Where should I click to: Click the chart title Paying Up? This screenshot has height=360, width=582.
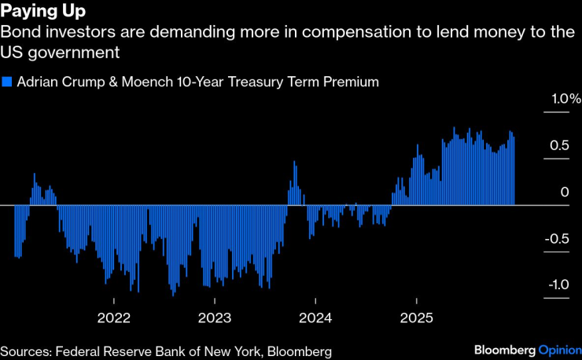(44, 12)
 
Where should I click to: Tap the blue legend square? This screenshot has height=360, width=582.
(7, 81)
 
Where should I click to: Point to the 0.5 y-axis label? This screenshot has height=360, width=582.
(559, 145)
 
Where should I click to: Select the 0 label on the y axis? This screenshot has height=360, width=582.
(563, 192)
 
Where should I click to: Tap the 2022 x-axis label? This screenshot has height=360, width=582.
(114, 318)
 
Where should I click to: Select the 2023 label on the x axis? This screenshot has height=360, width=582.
(215, 318)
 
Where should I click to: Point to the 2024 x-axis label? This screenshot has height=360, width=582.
(315, 318)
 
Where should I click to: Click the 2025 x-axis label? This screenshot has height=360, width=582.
(416, 318)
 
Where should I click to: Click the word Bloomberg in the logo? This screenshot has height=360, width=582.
(505, 349)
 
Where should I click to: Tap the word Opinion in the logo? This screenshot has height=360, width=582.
(559, 349)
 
